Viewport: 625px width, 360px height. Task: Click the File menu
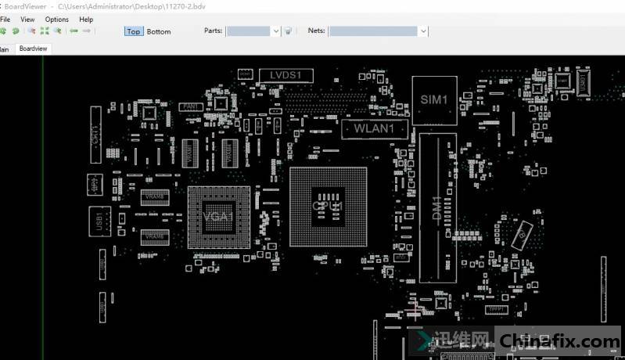click(x=5, y=19)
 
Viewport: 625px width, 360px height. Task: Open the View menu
click(x=27, y=19)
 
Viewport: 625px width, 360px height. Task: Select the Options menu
click(x=56, y=19)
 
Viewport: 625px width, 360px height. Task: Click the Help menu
click(x=86, y=19)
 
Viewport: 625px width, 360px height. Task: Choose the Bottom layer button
click(x=159, y=31)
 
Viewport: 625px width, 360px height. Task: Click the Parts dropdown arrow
click(x=276, y=31)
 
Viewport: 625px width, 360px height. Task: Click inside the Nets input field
click(x=372, y=31)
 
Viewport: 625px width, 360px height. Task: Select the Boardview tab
click(x=34, y=49)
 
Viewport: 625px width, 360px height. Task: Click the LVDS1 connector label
click(x=286, y=75)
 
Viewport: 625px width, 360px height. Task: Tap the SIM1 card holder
click(x=434, y=100)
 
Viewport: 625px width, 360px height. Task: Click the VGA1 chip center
click(x=219, y=217)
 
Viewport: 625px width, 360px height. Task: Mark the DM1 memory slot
click(x=437, y=207)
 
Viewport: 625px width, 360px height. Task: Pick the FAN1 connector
click(x=189, y=106)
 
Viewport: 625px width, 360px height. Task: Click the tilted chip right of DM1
click(x=522, y=232)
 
